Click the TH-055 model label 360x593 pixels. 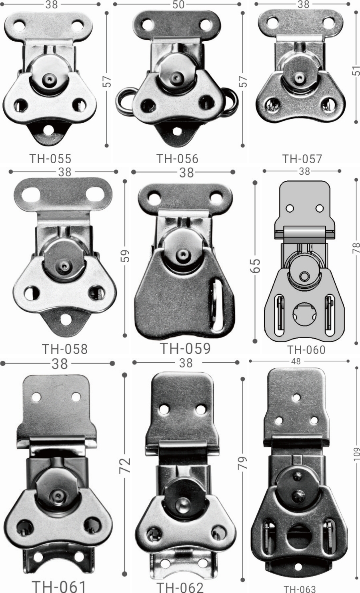click(50, 159)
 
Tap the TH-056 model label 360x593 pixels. click(177, 159)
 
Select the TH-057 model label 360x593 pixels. click(302, 159)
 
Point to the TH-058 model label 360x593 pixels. click(64, 349)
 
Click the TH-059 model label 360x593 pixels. click(185, 348)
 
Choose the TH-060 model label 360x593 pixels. click(306, 350)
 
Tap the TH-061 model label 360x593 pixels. click(59, 586)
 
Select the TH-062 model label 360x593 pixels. click(180, 587)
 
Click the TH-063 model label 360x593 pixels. click(300, 589)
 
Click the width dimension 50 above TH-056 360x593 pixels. click(179, 5)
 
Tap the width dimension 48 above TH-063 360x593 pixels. click(297, 361)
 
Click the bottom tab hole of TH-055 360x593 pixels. click(48, 130)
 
